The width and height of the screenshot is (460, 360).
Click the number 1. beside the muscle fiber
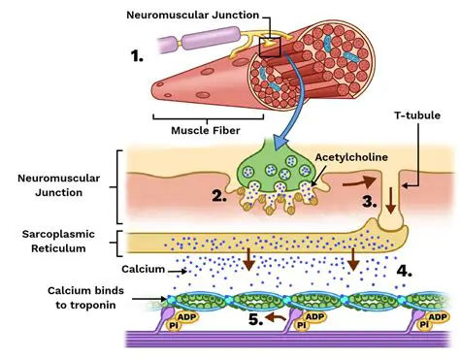137,55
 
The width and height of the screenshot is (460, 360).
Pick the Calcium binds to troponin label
65,298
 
